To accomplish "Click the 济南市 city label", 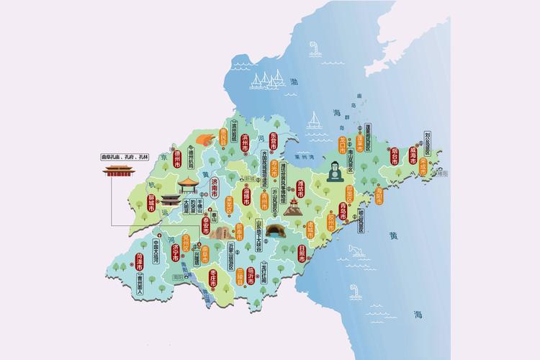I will (x=214, y=190).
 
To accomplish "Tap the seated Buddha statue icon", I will (x=334, y=172).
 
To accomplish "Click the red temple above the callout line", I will (x=119, y=172).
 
